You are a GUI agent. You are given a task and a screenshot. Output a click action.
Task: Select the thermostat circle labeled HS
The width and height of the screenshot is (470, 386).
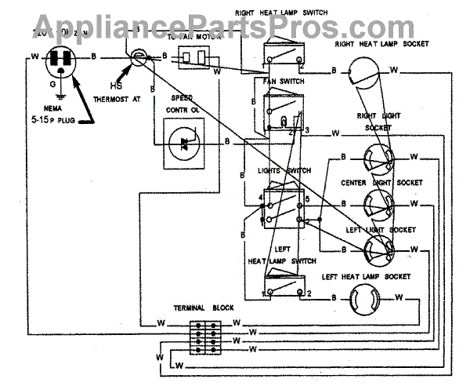[138, 56]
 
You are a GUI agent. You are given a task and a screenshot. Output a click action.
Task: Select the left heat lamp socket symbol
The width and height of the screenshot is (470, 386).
[362, 298]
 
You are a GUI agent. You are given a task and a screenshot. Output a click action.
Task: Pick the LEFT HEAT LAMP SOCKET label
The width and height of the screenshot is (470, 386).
[366, 276]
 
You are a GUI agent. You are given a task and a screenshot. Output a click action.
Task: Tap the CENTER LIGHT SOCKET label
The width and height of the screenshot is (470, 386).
[381, 182]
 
